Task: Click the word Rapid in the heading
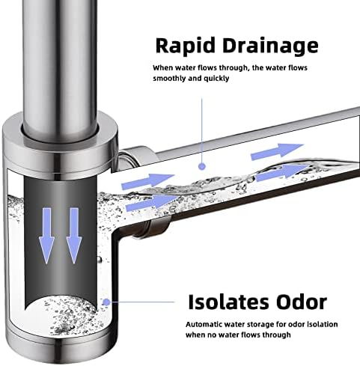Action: [185, 45]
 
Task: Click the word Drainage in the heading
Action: [270, 46]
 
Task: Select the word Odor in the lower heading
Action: [302, 302]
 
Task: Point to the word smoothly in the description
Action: [169, 79]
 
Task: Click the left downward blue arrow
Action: [46, 236]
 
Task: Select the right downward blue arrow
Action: [74, 236]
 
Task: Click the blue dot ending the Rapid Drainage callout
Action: [202, 166]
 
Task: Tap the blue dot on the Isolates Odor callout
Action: [106, 302]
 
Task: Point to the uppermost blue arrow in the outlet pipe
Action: [277, 151]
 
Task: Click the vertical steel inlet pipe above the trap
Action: [60, 65]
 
